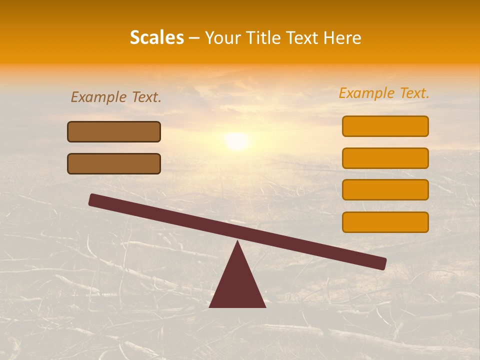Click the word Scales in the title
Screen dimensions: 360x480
(156, 38)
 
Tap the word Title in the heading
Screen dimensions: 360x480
(262, 38)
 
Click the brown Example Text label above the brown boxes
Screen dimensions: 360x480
(116, 97)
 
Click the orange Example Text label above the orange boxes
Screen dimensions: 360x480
(384, 93)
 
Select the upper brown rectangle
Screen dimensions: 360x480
(114, 132)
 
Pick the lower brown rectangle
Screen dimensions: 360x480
(114, 163)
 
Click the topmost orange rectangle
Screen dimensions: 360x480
(385, 126)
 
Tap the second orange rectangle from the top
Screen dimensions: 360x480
(385, 158)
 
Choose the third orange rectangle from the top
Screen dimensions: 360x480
(385, 190)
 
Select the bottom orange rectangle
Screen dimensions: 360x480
(385, 222)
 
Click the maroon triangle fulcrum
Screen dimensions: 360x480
(237, 285)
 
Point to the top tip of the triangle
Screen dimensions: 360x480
(237, 242)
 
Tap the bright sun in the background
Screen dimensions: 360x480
(236, 141)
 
